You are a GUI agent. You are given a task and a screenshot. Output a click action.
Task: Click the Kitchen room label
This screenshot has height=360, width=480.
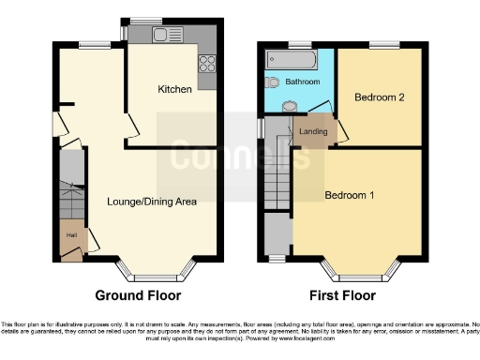coord(175,90)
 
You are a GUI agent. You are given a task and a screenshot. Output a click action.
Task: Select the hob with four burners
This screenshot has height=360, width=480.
coord(207,66)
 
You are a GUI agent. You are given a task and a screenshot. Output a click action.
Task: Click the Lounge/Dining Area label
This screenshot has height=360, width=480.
coord(152,202)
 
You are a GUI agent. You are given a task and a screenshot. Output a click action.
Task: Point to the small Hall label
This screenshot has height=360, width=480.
coord(71,235)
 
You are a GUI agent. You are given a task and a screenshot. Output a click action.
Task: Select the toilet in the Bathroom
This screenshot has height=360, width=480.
coord(271,82)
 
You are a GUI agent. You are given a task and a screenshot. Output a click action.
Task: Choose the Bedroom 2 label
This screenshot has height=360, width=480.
coord(380,97)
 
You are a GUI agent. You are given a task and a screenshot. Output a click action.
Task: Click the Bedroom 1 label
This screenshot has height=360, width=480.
coord(350,195)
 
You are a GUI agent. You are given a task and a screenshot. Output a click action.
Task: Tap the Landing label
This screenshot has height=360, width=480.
coord(313,132)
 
